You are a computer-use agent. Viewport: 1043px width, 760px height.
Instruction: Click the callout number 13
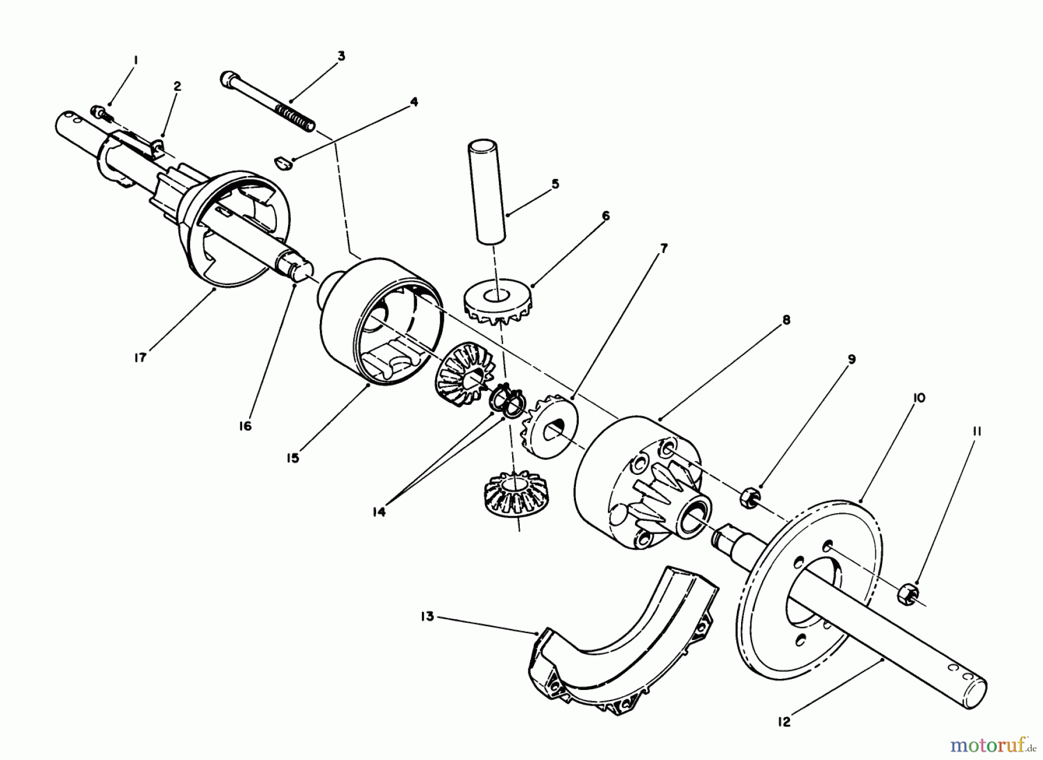427,617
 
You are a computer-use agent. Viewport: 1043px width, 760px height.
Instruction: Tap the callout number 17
140,357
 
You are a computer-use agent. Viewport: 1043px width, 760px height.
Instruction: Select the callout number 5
555,184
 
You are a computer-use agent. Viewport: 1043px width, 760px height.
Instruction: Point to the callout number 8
786,320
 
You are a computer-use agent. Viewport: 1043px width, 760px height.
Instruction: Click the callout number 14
379,513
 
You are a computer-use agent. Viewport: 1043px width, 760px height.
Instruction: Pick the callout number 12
784,722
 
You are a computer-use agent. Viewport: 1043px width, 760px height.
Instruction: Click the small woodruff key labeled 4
284,162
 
